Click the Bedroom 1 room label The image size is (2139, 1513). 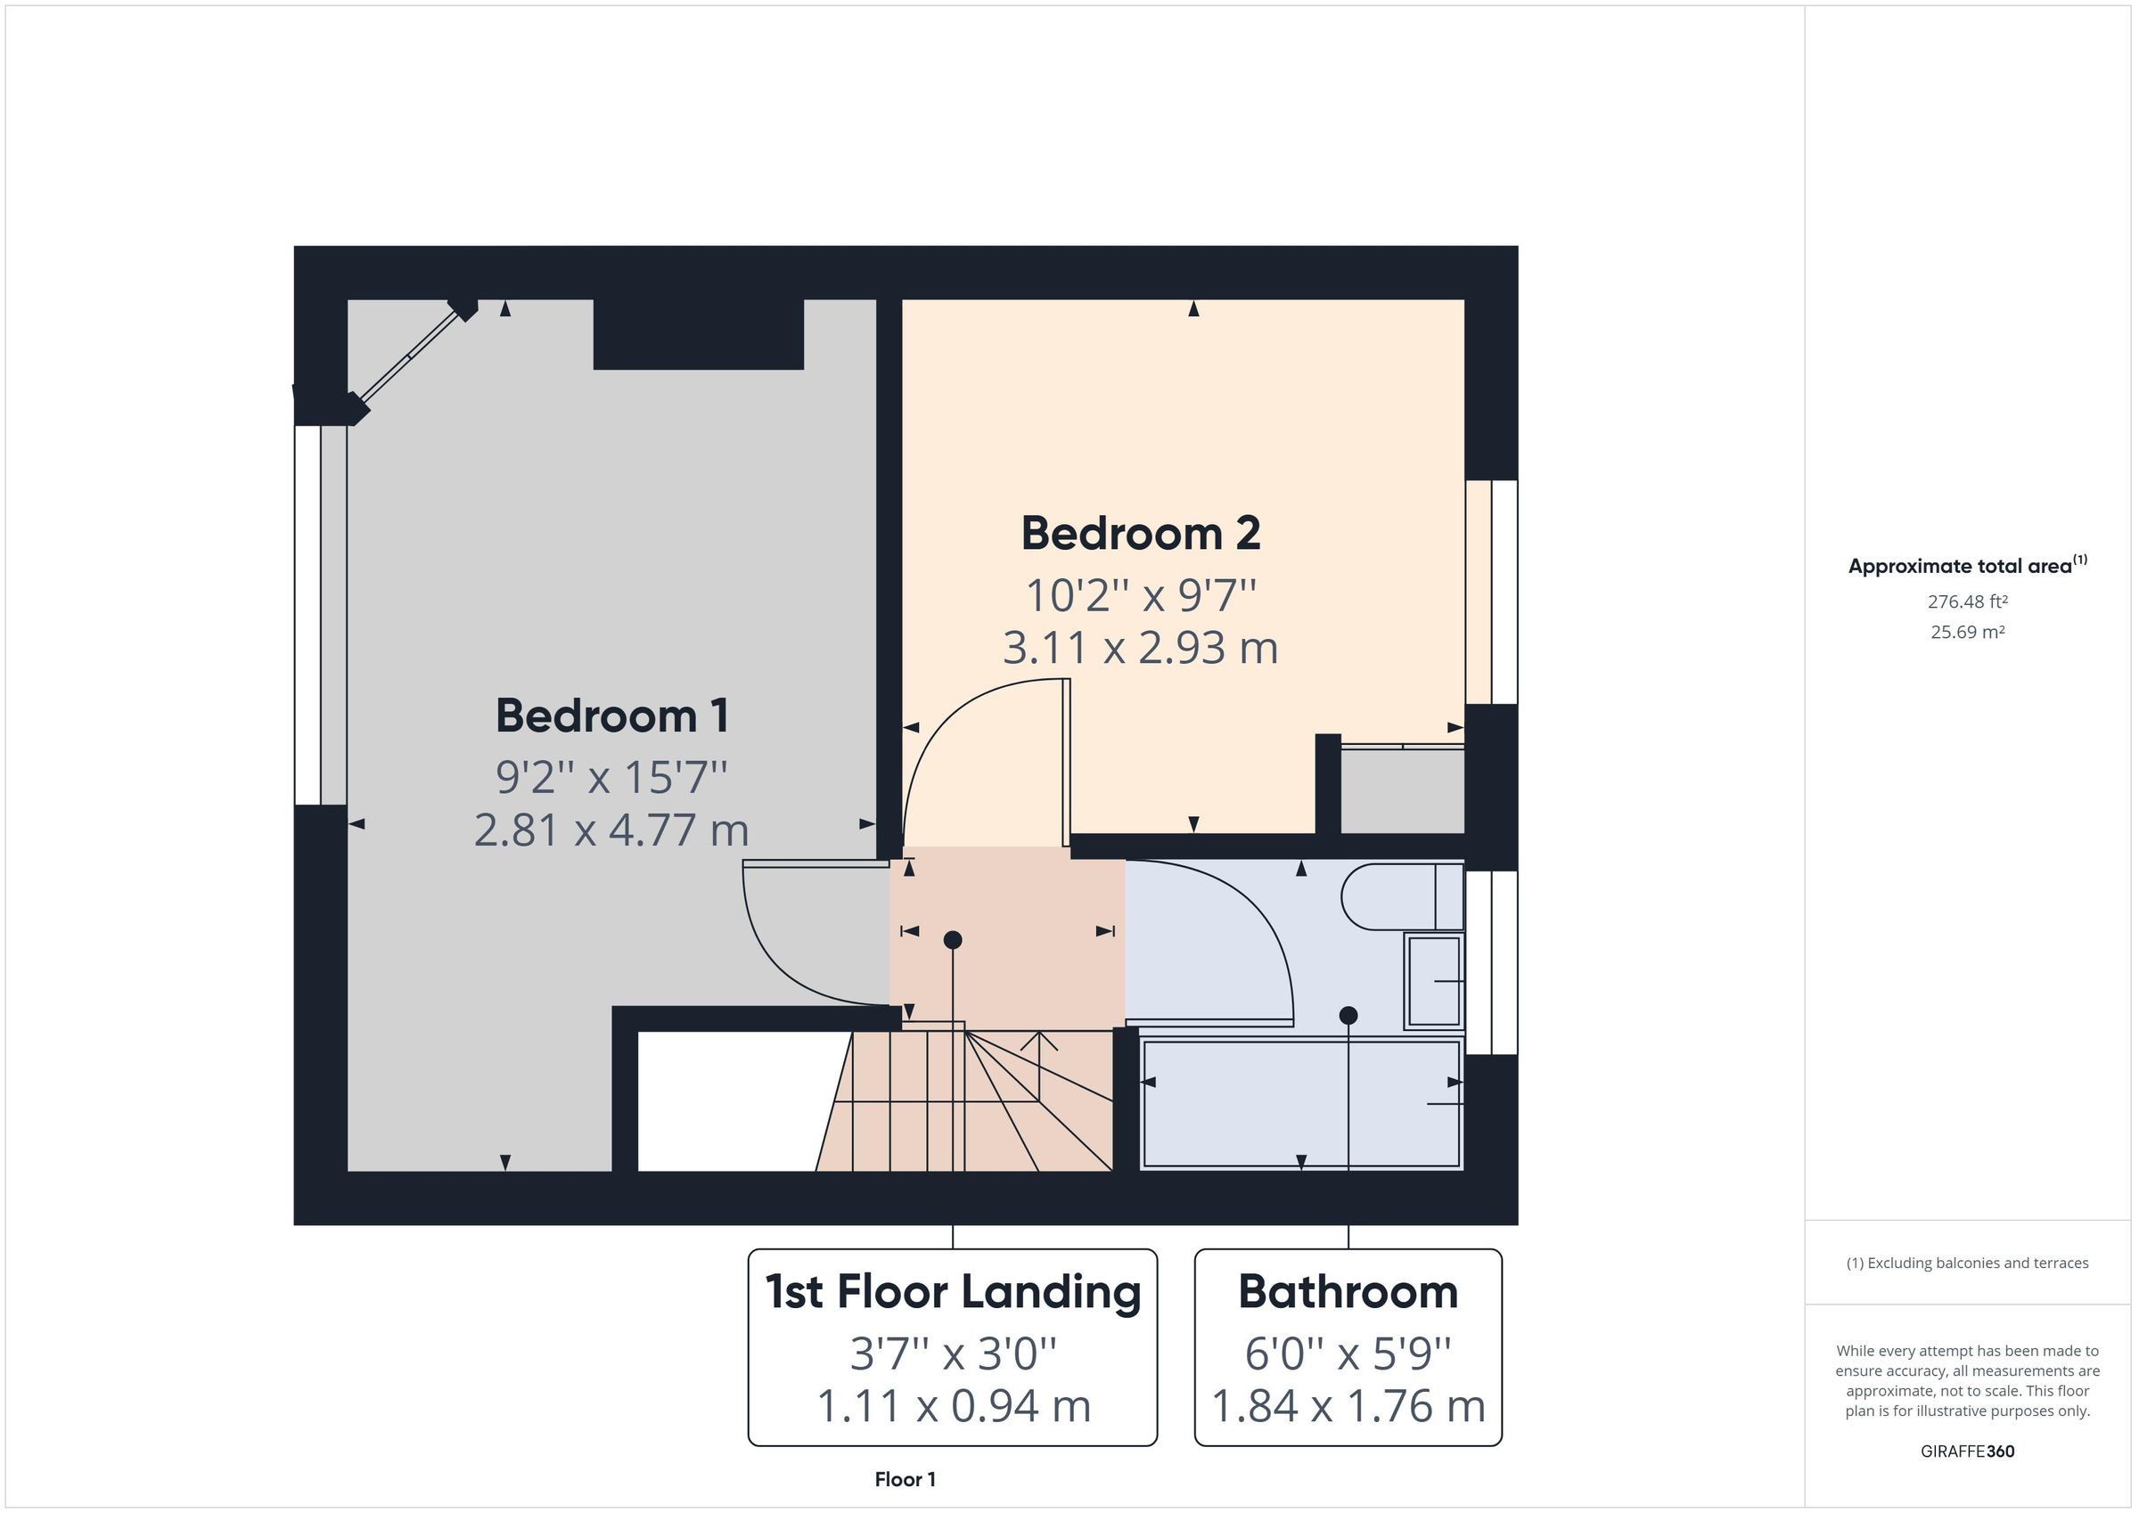pyautogui.click(x=612, y=716)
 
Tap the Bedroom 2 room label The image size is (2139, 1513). pyautogui.click(x=1140, y=534)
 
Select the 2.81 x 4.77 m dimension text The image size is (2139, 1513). pyautogui.click(x=611, y=830)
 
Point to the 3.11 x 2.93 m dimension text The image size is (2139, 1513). pyautogui.click(x=1140, y=648)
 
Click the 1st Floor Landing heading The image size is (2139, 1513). pyautogui.click(x=952, y=1292)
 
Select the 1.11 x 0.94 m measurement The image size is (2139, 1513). pyautogui.click(x=952, y=1406)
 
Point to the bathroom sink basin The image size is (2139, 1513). pyautogui.click(x=1433, y=981)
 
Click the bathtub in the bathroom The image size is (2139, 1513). pyautogui.click(x=1300, y=1103)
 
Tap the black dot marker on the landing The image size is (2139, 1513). pyautogui.click(x=952, y=940)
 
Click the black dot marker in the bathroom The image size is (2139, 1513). pyautogui.click(x=1348, y=1016)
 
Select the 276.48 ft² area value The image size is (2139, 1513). pyautogui.click(x=1967, y=601)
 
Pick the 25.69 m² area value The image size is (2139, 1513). pyautogui.click(x=1967, y=632)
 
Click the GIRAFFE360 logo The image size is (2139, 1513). pyautogui.click(x=1967, y=1451)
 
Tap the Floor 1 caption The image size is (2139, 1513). pyautogui.click(x=905, y=1479)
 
